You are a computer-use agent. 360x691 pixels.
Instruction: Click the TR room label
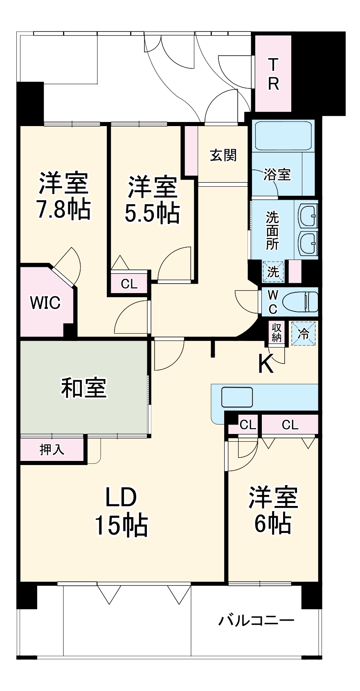click(x=273, y=74)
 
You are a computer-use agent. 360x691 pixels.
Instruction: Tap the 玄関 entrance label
click(x=223, y=156)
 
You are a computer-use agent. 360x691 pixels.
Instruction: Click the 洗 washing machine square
click(x=273, y=271)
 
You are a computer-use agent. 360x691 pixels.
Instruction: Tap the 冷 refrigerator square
click(x=304, y=334)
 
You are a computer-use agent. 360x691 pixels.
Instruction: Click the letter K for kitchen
click(x=266, y=363)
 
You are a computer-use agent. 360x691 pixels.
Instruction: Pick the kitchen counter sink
click(x=237, y=397)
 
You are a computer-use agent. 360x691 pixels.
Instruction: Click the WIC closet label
click(x=45, y=303)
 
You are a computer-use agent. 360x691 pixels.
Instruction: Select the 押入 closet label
click(x=52, y=450)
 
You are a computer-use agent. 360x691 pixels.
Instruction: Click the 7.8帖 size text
click(x=63, y=210)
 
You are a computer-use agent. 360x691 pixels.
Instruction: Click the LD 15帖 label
click(x=121, y=512)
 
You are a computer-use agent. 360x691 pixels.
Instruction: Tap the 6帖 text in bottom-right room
click(x=273, y=523)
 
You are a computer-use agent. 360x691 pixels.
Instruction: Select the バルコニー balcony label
click(x=256, y=621)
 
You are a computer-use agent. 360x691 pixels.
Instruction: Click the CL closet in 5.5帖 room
click(x=129, y=284)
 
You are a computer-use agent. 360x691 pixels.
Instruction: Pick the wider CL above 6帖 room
click(x=290, y=425)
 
